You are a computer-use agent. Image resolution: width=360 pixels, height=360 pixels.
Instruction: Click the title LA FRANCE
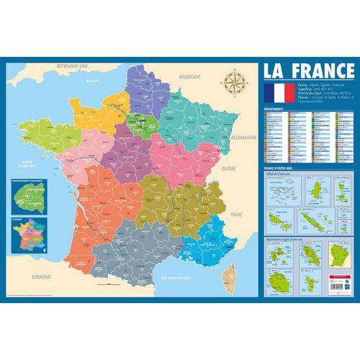pos(307,71)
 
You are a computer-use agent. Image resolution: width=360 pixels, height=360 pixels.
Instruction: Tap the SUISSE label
pos(229,168)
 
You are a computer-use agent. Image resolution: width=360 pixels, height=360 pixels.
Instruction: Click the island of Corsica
pos(231,276)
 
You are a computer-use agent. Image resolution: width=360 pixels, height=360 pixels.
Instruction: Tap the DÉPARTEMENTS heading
pos(276,109)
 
